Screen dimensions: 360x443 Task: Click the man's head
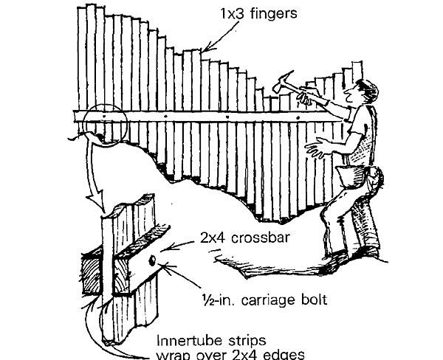[x=365, y=94]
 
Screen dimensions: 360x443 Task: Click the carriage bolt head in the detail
[x=151, y=260]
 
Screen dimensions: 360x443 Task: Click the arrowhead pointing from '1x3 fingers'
[x=206, y=49]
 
